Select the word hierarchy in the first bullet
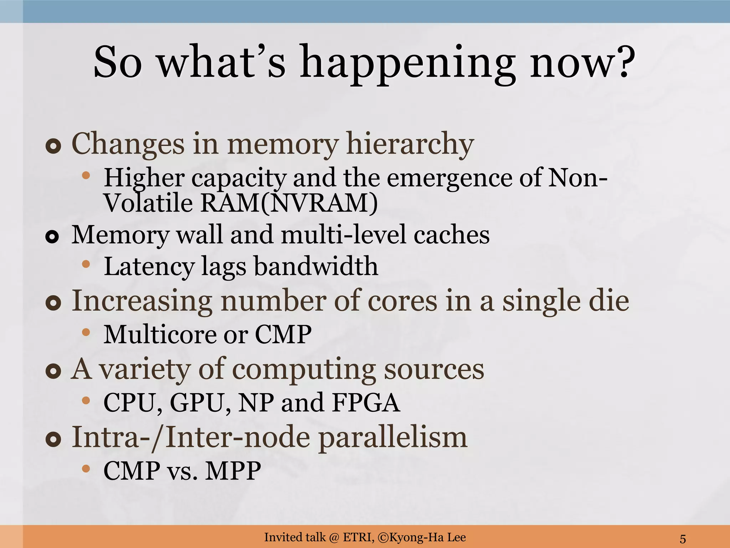pyautogui.click(x=410, y=144)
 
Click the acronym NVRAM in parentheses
pyautogui.click(x=319, y=203)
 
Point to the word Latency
pyautogui.click(x=149, y=267)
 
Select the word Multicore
pyautogui.click(x=159, y=334)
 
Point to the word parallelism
pyautogui.click(x=392, y=438)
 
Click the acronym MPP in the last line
pyautogui.click(x=233, y=471)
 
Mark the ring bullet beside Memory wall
pyautogui.click(x=52, y=237)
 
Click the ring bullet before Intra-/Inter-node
pyautogui.click(x=53, y=440)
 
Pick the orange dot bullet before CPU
pyautogui.click(x=86, y=400)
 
